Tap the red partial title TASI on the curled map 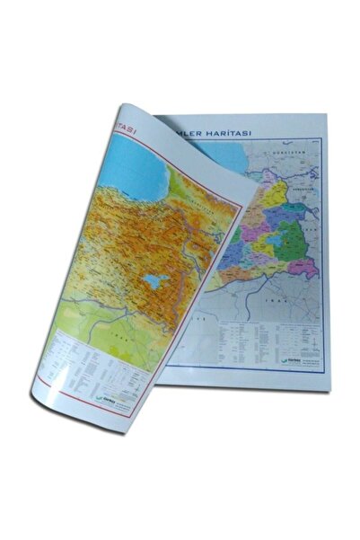tap(127, 127)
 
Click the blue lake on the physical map tap(154, 279)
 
